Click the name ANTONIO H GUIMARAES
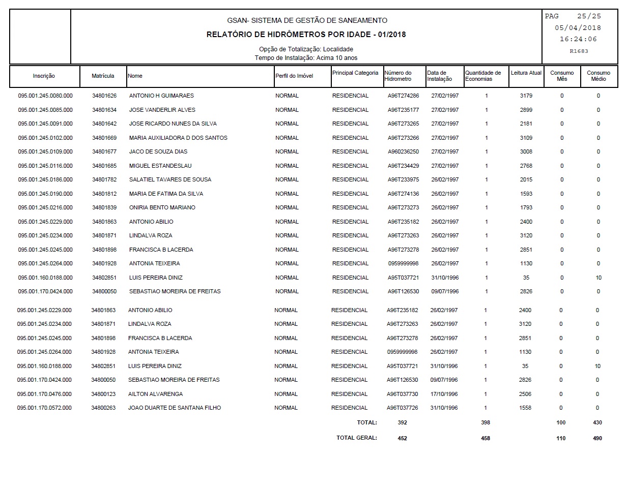pyautogui.click(x=161, y=96)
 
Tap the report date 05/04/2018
pyautogui.click(x=578, y=28)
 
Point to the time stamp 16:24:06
pyautogui.click(x=578, y=39)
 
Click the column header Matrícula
pyautogui.click(x=103, y=76)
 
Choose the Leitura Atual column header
pyautogui.click(x=526, y=73)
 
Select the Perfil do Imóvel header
pyautogui.click(x=294, y=76)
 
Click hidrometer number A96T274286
pyautogui.click(x=403, y=96)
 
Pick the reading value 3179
pyautogui.click(x=526, y=96)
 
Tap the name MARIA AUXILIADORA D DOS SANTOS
pyautogui.click(x=178, y=138)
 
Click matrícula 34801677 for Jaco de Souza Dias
pyautogui.click(x=104, y=151)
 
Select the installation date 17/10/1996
pyautogui.click(x=444, y=394)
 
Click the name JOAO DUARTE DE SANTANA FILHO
pyautogui.click(x=175, y=408)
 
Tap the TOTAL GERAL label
pyautogui.click(x=356, y=438)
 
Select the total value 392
pyautogui.click(x=402, y=422)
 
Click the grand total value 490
pyautogui.click(x=597, y=438)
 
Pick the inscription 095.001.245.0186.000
pyautogui.click(x=45, y=179)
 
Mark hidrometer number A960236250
pyautogui.click(x=403, y=151)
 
